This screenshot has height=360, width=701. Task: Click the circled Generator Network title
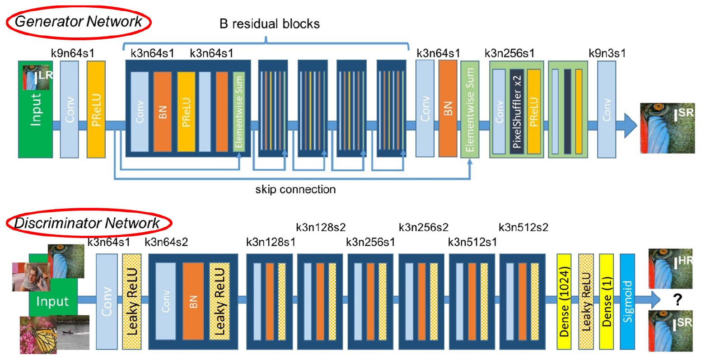(79, 21)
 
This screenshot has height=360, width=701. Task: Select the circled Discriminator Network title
(87, 223)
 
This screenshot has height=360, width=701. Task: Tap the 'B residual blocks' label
(270, 23)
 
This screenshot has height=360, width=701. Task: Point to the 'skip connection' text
(295, 189)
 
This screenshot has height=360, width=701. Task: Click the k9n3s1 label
(607, 53)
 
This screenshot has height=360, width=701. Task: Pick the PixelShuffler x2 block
(517, 111)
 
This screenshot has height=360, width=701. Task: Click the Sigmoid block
(627, 301)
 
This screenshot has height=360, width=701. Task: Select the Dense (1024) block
(564, 301)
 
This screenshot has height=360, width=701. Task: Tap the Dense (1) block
(606, 301)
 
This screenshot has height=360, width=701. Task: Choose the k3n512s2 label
(523, 227)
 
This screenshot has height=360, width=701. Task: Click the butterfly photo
(38, 334)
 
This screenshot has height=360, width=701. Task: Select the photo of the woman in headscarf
(31, 276)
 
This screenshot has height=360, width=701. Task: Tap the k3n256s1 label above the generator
(509, 53)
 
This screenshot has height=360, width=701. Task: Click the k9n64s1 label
(73, 53)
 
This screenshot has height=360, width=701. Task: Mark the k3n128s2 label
(321, 227)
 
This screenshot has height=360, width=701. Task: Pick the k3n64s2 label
(166, 242)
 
